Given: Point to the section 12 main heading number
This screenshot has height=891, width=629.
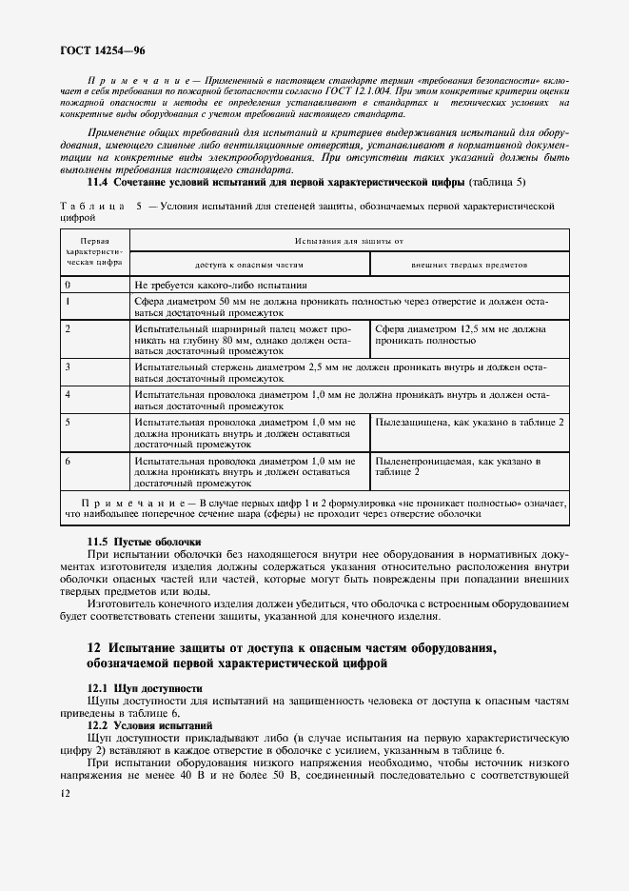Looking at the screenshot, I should point(93,648).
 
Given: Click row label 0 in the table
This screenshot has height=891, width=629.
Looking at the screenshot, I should point(68,285).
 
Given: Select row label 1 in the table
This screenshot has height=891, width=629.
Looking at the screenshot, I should point(68,300).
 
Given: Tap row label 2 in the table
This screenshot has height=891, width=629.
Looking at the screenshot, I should point(68,328).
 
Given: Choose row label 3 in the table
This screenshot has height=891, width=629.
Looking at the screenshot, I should point(68,366).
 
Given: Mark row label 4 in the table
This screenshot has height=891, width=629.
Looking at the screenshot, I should point(68,393).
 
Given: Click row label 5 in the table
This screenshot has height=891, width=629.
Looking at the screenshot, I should point(68,421).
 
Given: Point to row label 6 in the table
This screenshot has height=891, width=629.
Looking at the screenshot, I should point(68,461).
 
